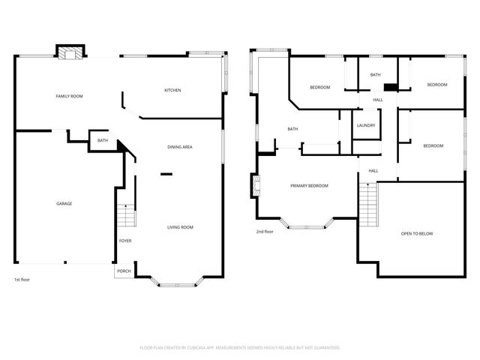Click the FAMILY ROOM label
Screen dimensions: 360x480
coord(69,97)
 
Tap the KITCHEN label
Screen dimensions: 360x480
coord(172,91)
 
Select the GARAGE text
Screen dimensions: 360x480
coord(64,203)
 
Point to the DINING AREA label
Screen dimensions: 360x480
coord(180,147)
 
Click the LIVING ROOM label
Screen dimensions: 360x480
coord(180,227)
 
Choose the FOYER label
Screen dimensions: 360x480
coord(125,241)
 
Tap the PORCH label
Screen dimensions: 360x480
coord(124,271)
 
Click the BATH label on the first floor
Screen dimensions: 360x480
coord(102,140)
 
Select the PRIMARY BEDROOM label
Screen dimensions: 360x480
coord(310,185)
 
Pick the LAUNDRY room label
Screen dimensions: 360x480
coord(366,125)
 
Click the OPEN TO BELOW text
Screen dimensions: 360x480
coord(417,234)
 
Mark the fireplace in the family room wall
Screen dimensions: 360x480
coord(70,52)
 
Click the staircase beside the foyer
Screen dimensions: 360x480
coord(126,217)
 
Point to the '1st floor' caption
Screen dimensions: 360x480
coord(22,280)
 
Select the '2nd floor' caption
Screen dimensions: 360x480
coord(265,232)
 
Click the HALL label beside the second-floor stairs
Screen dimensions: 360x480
coord(373,170)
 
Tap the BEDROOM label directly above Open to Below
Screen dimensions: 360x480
coord(433,145)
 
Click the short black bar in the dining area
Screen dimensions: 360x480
coord(166,174)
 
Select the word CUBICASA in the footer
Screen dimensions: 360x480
coord(212,348)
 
